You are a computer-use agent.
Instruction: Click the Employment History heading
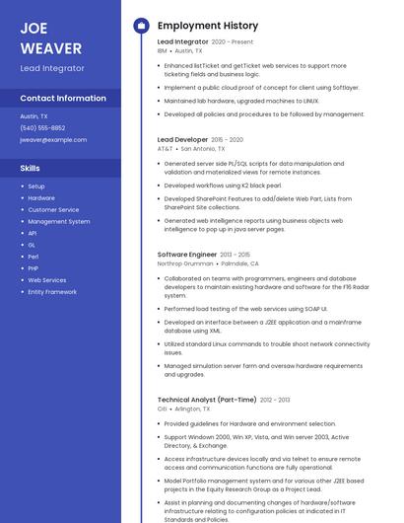pos(207,26)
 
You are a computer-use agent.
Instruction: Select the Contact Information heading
pos(63,98)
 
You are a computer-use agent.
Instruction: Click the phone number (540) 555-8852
pos(42,128)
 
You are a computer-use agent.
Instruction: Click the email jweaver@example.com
pos(53,140)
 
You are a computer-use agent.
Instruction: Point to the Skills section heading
pos(30,169)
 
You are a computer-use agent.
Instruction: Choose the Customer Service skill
pos(53,210)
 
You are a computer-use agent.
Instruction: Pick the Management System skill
pos(58,222)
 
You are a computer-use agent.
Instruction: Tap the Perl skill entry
pos(34,257)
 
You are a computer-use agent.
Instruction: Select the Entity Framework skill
pos(52,292)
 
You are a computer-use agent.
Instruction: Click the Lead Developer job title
pos(182,140)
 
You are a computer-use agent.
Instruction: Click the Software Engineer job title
pos(186,255)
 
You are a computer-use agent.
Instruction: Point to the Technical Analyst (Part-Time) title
pos(206,400)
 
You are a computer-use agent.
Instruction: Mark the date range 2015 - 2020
pos(228,140)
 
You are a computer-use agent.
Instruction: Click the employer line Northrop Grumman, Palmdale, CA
pos(208,264)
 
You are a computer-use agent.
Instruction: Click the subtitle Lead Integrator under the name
pos(52,69)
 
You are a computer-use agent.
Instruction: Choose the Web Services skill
pos(47,280)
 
